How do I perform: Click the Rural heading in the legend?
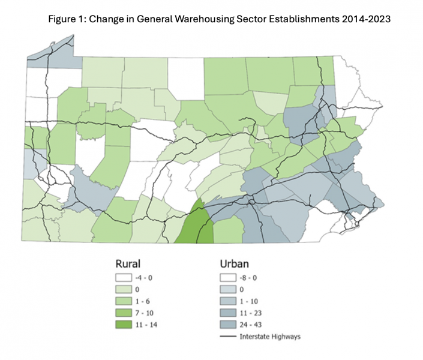[128, 263]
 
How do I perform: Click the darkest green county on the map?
[196, 228]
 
